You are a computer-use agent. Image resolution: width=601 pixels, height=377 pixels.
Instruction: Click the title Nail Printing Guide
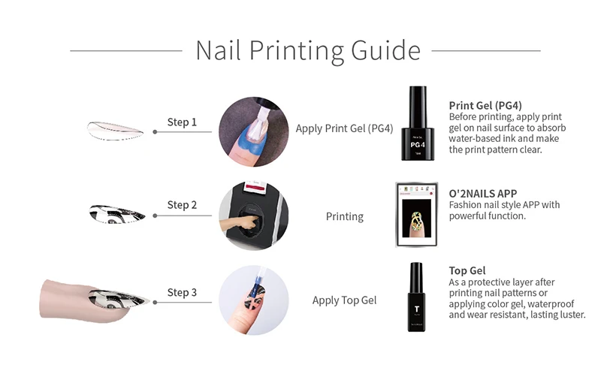click(307, 50)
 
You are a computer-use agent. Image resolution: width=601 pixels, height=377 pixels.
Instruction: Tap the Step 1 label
click(182, 122)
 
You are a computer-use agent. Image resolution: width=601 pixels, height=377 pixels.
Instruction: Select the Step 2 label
click(182, 205)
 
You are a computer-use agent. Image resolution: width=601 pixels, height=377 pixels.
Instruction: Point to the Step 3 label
click(182, 292)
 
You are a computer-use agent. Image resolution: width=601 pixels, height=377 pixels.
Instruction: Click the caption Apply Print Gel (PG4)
click(344, 128)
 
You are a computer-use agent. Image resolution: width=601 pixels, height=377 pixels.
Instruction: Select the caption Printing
click(344, 216)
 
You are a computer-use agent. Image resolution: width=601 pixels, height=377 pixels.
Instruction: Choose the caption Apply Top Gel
click(344, 300)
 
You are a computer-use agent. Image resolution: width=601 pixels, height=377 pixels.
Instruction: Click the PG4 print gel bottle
click(418, 123)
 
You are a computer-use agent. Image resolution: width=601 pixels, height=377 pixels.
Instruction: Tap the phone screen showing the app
click(417, 214)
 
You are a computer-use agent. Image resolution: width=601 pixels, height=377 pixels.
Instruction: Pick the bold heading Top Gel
click(467, 270)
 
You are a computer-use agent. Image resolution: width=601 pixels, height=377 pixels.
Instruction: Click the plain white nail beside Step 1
click(115, 127)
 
